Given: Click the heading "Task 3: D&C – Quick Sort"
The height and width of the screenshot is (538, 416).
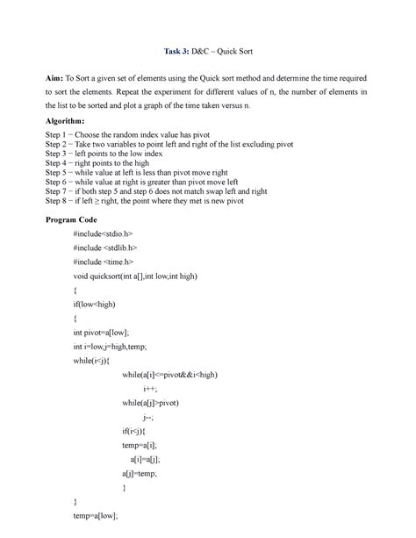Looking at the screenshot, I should pos(208,53).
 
